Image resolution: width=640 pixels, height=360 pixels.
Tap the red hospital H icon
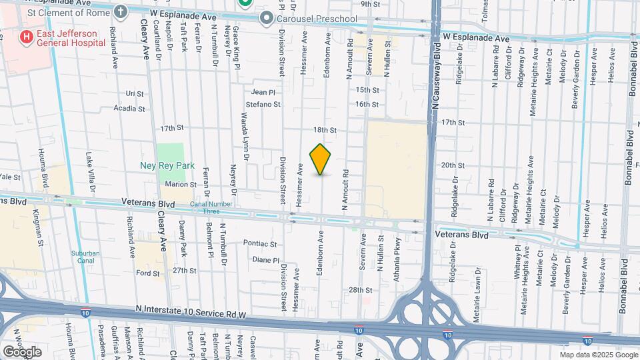pyautogui.click(x=27, y=37)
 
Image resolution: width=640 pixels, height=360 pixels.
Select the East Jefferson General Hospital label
pyautogui.click(x=69, y=38)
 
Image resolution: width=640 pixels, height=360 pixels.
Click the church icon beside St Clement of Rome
pyautogui.click(x=120, y=11)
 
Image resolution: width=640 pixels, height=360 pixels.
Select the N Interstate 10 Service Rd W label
pyautogui.click(x=191, y=310)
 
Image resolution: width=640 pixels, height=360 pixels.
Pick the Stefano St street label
pyautogui.click(x=262, y=104)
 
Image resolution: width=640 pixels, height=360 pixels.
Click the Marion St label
pyautogui.click(x=181, y=185)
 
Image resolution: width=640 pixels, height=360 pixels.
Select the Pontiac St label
pyautogui.click(x=259, y=243)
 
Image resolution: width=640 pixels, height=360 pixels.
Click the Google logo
pyautogui.click(x=22, y=351)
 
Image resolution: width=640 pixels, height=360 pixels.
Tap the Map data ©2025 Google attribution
pyautogui.click(x=598, y=355)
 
